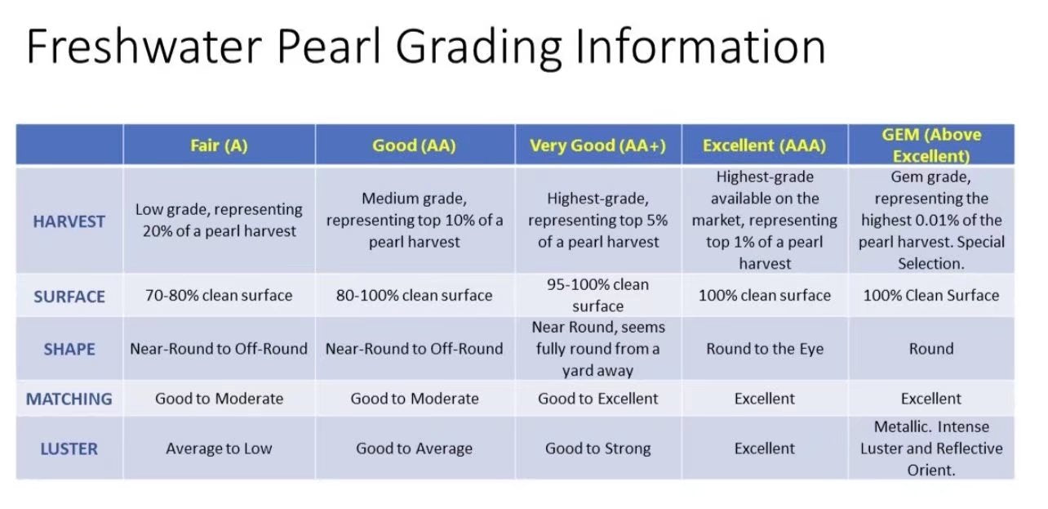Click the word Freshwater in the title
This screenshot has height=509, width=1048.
click(x=144, y=46)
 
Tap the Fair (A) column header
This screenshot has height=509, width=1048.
click(x=219, y=145)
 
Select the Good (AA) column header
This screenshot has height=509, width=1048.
click(x=414, y=145)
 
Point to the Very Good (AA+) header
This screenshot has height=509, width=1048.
click(x=598, y=145)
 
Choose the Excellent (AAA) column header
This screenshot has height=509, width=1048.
click(x=765, y=145)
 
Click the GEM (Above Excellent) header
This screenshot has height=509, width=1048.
click(x=931, y=145)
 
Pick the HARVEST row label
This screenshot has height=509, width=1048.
click(x=69, y=221)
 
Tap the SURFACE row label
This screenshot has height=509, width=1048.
click(x=69, y=297)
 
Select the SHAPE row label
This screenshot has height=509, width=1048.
click(x=69, y=350)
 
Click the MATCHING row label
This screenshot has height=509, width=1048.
click(x=69, y=399)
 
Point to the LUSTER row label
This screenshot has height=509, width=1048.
click(x=69, y=449)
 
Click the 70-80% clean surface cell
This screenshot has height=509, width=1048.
click(x=219, y=296)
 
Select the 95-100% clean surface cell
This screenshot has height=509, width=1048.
click(x=598, y=295)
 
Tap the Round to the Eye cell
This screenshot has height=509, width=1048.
click(x=765, y=349)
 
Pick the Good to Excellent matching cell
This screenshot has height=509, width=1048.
click(x=598, y=399)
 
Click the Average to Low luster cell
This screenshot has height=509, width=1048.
click(x=219, y=449)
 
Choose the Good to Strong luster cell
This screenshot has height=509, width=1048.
click(x=598, y=449)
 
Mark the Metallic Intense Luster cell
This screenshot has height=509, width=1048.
click(x=931, y=449)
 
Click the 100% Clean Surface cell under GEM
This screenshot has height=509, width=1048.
click(x=931, y=296)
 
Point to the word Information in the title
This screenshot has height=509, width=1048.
click(x=701, y=46)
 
